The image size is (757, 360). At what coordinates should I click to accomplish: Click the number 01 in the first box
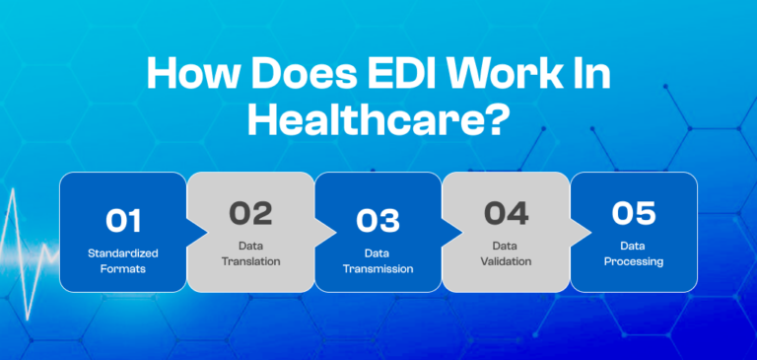[x=122, y=220]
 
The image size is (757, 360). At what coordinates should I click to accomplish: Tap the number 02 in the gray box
[x=250, y=212]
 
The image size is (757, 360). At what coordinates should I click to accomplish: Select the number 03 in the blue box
[x=378, y=220]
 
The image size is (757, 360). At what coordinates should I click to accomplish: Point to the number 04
[x=506, y=212]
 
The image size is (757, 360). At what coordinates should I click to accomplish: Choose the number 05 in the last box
[x=634, y=212]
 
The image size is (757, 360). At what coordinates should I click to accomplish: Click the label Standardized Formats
[x=122, y=260]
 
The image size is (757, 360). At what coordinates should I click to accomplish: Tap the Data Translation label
[x=250, y=253]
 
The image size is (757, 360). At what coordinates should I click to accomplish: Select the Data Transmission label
[x=378, y=260]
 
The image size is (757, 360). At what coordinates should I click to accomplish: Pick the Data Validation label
[x=506, y=253]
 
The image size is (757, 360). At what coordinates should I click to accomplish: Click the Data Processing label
[x=634, y=253]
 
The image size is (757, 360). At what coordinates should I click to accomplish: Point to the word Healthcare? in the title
[x=378, y=120]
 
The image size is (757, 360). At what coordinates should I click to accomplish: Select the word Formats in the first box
[x=122, y=268]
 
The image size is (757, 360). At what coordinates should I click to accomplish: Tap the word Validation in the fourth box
[x=506, y=261]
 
